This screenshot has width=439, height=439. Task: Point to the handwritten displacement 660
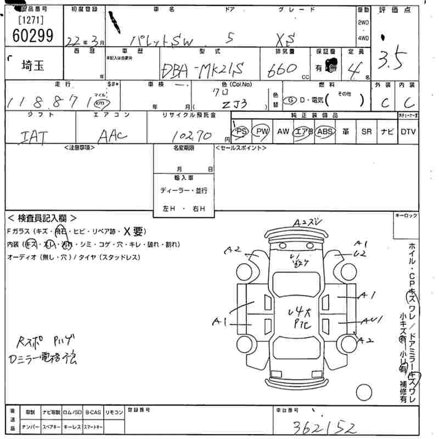click(x=282, y=69)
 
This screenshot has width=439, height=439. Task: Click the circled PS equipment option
click(x=241, y=132)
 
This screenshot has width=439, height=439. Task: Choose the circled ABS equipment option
click(x=325, y=132)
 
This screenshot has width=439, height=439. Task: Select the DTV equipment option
click(x=408, y=132)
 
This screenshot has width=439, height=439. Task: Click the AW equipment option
click(x=283, y=132)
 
